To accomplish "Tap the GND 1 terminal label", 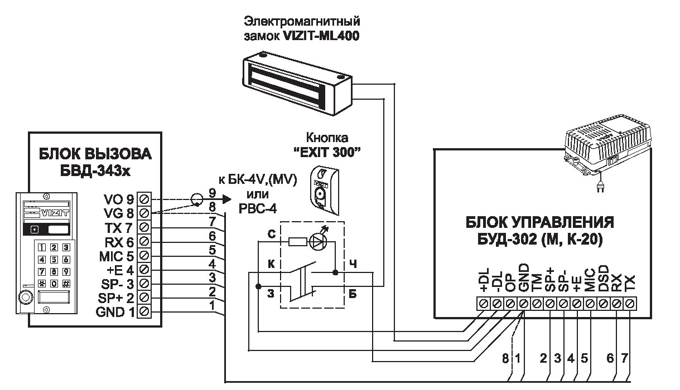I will [115, 311].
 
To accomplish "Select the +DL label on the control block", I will [483, 281].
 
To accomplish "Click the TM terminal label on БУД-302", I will [537, 284].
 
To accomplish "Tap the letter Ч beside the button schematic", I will [353, 263].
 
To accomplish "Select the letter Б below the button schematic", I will [353, 294].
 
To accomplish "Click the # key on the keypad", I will [66, 283].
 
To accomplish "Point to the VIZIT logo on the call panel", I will [55, 212].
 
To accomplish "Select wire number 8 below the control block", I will [505, 359].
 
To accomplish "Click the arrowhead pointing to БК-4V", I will [225, 198].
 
